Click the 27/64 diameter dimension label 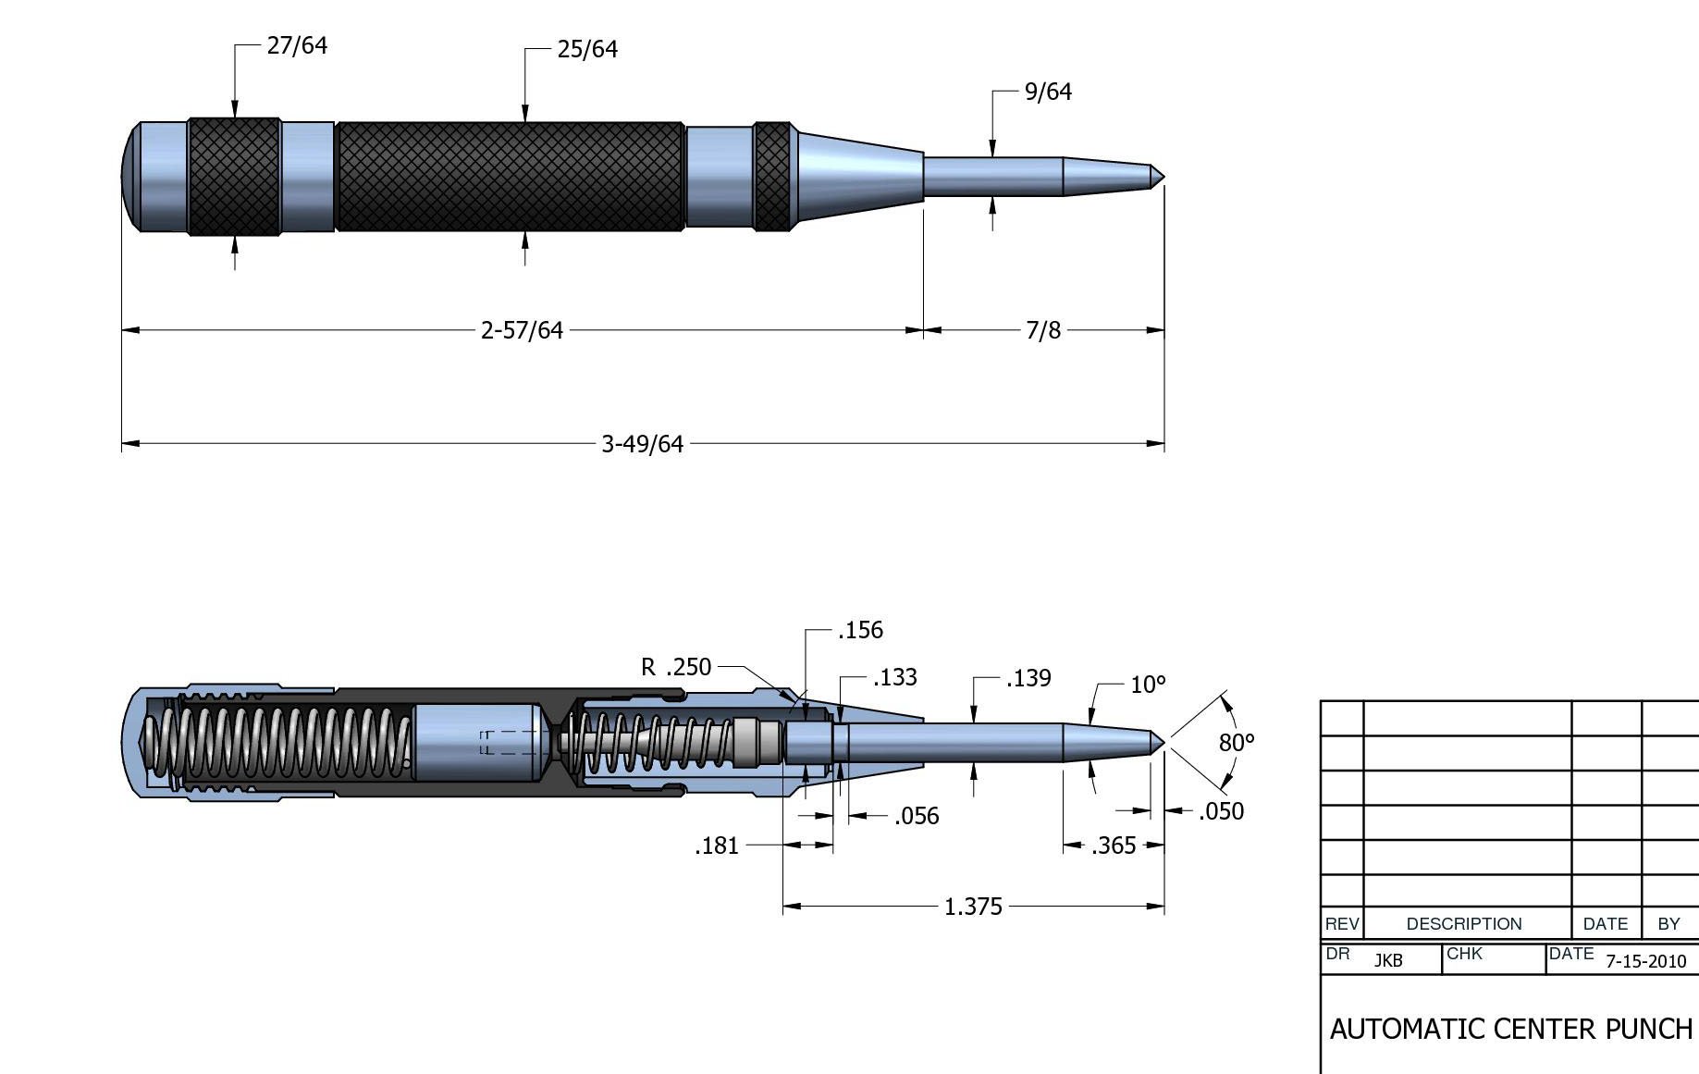[297, 45]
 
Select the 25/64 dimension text [587, 49]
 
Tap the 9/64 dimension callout [1048, 92]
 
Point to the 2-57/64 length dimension [522, 330]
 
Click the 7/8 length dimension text [1043, 330]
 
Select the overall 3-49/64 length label [642, 444]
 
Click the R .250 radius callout [676, 667]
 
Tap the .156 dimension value [860, 630]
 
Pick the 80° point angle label [1236, 742]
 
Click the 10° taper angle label [1148, 685]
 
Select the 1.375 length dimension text [973, 907]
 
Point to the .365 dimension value [1114, 846]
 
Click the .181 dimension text [717, 846]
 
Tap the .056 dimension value [917, 816]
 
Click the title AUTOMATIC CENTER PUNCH [1510, 1029]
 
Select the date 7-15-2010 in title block [1645, 961]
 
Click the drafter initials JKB [1387, 961]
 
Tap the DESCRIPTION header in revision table [1463, 923]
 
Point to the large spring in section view [277, 742]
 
